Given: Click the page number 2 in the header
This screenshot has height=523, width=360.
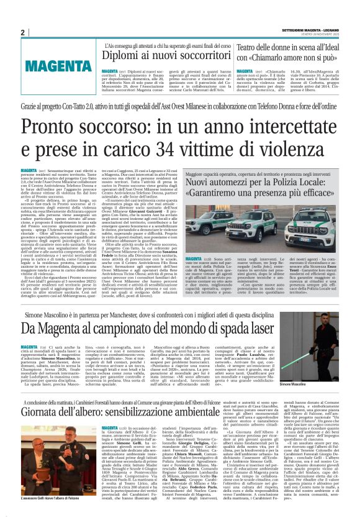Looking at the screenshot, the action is click(22, 32).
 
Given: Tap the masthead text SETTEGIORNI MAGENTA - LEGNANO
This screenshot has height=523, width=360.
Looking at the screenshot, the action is click(307, 30).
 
